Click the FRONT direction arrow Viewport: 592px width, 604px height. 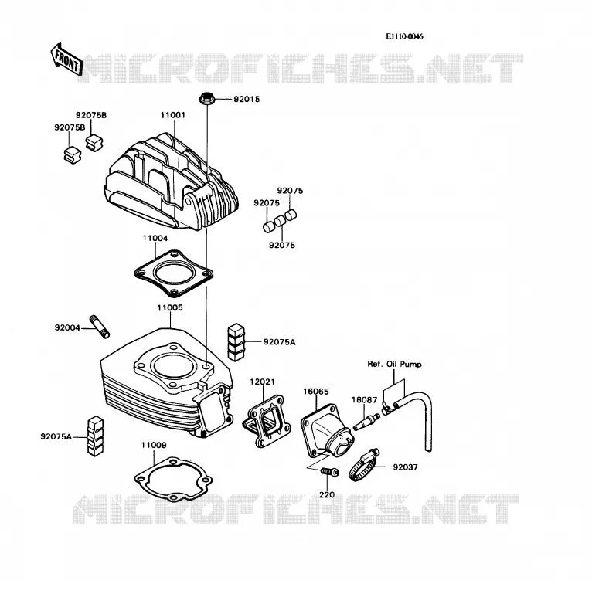click(x=66, y=59)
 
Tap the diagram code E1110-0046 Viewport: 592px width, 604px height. click(x=405, y=36)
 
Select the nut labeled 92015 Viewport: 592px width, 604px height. click(x=207, y=98)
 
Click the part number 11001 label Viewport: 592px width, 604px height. click(x=173, y=115)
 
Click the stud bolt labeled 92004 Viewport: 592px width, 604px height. click(x=100, y=327)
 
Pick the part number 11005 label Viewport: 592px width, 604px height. click(x=170, y=307)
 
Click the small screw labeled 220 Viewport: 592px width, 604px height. click(x=330, y=471)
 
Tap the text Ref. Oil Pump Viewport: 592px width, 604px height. click(x=394, y=364)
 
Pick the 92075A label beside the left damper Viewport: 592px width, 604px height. click(x=56, y=436)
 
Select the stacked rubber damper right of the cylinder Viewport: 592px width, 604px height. click(x=236, y=342)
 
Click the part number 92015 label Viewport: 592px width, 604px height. click(x=247, y=99)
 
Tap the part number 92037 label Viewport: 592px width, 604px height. click(x=406, y=467)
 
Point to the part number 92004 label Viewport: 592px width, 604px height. click(x=67, y=327)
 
